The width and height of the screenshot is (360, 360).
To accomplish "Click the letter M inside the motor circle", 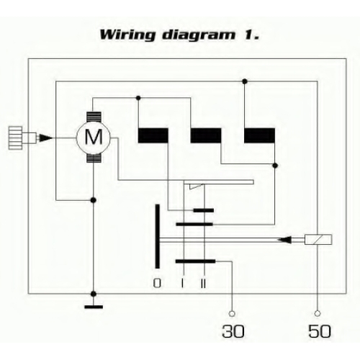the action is tap(94, 137).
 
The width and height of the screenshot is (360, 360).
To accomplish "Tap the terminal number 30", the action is tap(233, 331).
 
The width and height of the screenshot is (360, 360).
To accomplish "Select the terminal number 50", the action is tap(320, 331).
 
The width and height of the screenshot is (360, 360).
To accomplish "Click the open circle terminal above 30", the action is tap(232, 313).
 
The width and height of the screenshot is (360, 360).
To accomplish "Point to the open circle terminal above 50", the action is tap(318, 313).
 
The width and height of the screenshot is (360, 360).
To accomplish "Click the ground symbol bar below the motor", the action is tap(94, 307).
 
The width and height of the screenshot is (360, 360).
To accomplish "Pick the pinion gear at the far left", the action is tap(16, 138).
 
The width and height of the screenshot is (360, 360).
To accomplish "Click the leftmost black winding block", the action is tap(153, 135).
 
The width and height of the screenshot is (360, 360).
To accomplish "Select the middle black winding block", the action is tap(206, 135).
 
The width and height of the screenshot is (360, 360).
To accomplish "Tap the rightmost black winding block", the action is tap(259, 135).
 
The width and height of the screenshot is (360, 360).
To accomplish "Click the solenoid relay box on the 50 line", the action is tap(318, 240).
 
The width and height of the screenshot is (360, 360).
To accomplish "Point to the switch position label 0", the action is tap(157, 283).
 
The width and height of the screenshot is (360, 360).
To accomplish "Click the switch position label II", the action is tap(203, 283).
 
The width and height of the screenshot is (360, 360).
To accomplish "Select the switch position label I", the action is tap(183, 283).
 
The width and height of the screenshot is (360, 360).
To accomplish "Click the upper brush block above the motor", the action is tap(94, 117).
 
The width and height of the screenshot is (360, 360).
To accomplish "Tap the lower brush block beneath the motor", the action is tap(94, 158).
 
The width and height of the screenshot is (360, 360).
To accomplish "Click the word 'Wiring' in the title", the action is tap(127, 35).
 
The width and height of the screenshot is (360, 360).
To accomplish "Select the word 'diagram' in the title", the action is tap(199, 35).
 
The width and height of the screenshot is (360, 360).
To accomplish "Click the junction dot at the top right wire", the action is tap(245, 81).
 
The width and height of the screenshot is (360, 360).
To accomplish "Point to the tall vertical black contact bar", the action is tap(157, 236).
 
